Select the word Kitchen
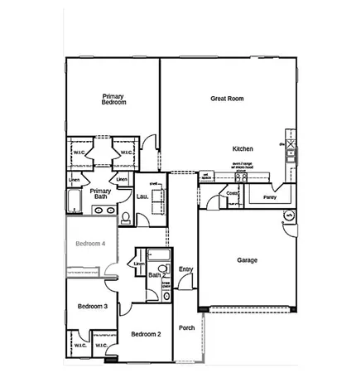243,148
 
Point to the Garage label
247,259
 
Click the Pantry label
269,198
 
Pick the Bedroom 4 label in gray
91,244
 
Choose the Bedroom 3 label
93,307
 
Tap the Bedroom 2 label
146,333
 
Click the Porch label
187,327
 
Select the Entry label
185,269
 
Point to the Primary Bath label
101,194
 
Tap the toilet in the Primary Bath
125,219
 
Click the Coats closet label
233,193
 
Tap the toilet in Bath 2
163,269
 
